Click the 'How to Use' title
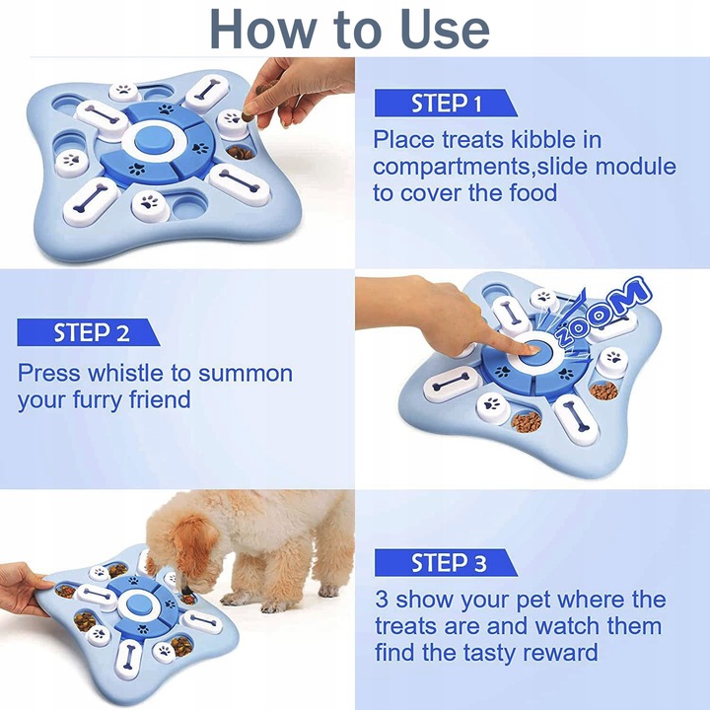(x=349, y=28)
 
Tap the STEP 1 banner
(x=446, y=104)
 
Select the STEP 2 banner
(x=89, y=332)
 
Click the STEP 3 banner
(x=446, y=563)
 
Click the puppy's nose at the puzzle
(x=185, y=590)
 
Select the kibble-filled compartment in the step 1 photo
(x=241, y=152)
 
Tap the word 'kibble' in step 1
(x=543, y=139)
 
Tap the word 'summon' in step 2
(x=246, y=375)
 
